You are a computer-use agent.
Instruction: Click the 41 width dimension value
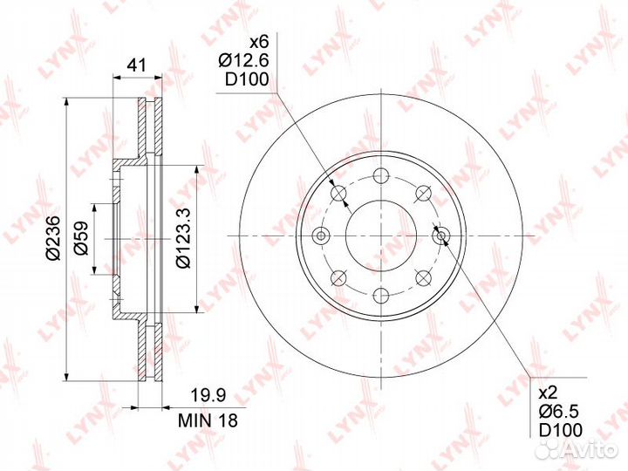point(137,65)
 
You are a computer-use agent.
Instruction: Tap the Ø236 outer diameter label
point(53,238)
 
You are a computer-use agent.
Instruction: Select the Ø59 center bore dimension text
point(81,238)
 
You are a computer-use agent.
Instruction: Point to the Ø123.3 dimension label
point(184,238)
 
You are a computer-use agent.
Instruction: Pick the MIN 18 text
point(208,420)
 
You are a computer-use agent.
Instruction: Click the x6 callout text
point(259,42)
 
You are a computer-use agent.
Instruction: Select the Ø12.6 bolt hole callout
point(243,60)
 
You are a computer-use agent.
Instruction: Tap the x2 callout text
point(548,393)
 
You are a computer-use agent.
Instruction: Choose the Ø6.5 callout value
point(559,412)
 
